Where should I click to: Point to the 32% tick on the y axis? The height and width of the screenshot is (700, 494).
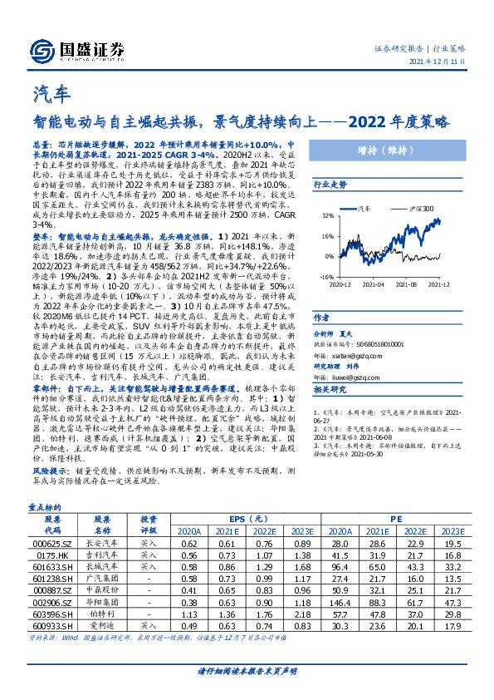tap(325, 215)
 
